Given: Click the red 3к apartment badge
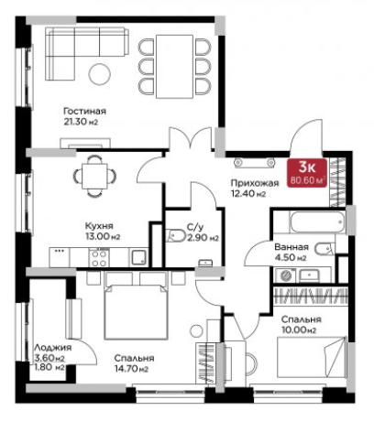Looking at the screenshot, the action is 306,172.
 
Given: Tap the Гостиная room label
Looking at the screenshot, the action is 84,111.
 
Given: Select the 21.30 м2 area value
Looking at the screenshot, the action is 81,122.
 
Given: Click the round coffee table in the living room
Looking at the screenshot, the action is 100,73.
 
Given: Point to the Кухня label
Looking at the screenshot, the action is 99,226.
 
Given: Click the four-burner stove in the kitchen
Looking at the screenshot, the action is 99,258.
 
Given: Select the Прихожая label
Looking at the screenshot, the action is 255,183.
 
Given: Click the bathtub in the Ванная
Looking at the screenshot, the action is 318,222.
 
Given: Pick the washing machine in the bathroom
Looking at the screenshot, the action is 286,275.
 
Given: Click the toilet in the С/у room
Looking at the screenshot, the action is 175,236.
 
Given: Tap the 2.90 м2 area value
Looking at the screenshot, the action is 203,238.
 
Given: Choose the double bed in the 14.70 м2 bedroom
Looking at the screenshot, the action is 136,306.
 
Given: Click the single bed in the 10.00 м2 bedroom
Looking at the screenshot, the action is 312,357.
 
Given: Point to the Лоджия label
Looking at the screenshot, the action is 52,348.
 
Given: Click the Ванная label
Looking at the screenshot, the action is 291,247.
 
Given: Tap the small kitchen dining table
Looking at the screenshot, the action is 94,176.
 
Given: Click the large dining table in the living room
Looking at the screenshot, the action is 174,67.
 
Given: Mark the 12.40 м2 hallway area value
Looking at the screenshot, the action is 248,194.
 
